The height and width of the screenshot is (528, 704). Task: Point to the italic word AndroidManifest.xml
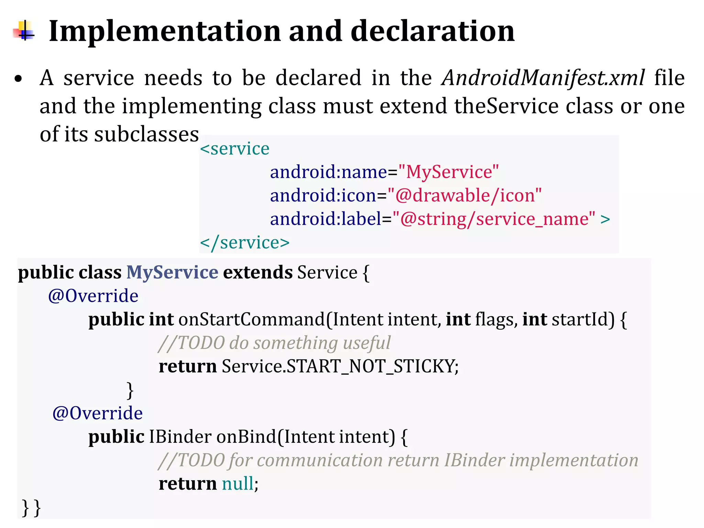pos(543,78)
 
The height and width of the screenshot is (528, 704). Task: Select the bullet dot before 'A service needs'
pos(18,79)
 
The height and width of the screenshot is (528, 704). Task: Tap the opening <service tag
pos(235,149)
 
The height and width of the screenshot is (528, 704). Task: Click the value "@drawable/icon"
pos(464,195)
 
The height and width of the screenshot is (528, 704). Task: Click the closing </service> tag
pos(245,243)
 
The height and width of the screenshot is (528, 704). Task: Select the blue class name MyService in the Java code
pos(172,272)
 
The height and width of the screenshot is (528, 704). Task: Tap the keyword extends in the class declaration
pos(258,272)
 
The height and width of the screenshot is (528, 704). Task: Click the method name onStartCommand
pos(252,319)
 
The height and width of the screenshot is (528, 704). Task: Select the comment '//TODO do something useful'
pos(274,343)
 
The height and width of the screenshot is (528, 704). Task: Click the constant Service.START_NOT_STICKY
pos(340,366)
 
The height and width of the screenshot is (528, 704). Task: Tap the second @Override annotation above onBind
pos(98,413)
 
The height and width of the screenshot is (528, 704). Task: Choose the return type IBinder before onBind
pos(180,437)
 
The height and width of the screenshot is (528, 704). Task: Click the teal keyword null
pos(238,484)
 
